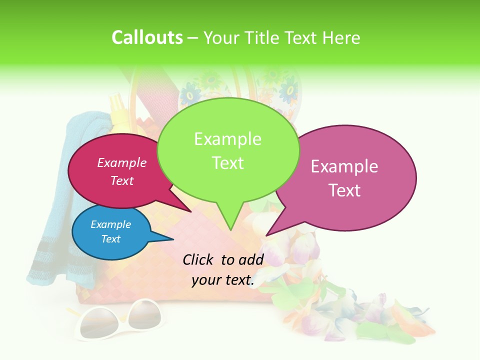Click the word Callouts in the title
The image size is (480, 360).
click(x=147, y=37)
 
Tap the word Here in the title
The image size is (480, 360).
click(x=341, y=38)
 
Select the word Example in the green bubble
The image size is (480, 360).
click(x=227, y=139)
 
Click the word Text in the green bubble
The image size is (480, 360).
click(x=227, y=163)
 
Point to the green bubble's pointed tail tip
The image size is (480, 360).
click(x=230, y=229)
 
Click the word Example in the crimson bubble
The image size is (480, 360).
click(x=122, y=162)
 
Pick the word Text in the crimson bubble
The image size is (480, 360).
click(x=122, y=180)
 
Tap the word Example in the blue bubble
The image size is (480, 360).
click(x=110, y=224)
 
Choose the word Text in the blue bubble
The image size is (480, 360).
click(x=110, y=239)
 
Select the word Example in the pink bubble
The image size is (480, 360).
click(x=344, y=166)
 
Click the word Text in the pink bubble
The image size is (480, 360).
click(x=344, y=190)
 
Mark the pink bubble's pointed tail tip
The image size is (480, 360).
click(x=266, y=235)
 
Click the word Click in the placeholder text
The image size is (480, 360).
click(x=199, y=259)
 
